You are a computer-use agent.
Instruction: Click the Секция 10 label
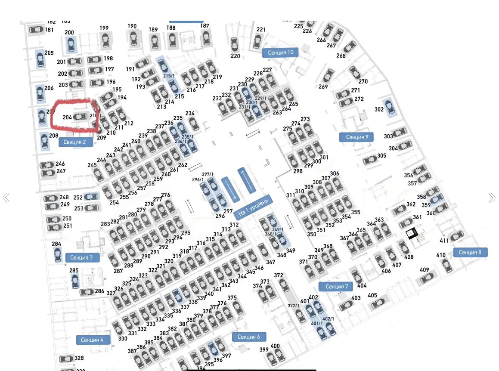[280, 53]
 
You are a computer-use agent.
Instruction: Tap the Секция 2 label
[75, 142]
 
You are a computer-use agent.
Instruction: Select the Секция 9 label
[356, 137]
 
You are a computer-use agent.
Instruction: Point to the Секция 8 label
[470, 252]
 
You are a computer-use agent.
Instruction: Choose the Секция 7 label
[335, 287]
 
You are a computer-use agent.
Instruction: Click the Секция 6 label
[248, 337]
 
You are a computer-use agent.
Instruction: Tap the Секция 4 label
[93, 340]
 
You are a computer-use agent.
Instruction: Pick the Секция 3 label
[82, 257]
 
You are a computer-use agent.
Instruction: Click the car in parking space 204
[80, 117]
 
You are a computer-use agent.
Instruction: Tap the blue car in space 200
[70, 44]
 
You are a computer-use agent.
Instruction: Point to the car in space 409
[426, 278]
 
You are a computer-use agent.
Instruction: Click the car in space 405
[378, 304]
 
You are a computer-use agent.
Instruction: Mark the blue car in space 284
[58, 255]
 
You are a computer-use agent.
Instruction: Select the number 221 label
[261, 29]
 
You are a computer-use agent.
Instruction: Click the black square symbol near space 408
[412, 233]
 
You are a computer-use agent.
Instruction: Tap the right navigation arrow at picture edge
[492, 198]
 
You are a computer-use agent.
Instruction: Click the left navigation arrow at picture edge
[6, 198]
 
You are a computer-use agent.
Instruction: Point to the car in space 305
[369, 160]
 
